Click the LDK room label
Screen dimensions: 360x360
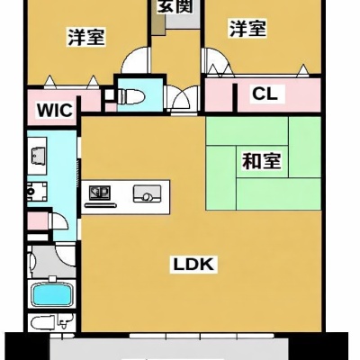click(193, 265)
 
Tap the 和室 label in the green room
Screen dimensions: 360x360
click(261, 161)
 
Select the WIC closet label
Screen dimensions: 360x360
click(55, 110)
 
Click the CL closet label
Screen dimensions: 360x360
click(265, 94)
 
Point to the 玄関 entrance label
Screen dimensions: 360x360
click(175, 6)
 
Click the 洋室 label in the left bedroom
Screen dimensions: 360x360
click(86, 37)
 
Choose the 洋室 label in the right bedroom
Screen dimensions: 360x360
click(247, 29)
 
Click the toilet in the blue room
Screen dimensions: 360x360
click(131, 96)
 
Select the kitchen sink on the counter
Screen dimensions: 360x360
click(147, 193)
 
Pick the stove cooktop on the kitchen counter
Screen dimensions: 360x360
click(100, 193)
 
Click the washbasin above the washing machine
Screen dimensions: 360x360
click(38, 156)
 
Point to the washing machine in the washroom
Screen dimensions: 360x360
click(37, 192)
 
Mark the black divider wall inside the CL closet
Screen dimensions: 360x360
click(235, 98)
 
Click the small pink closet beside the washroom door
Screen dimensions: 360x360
click(38, 220)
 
